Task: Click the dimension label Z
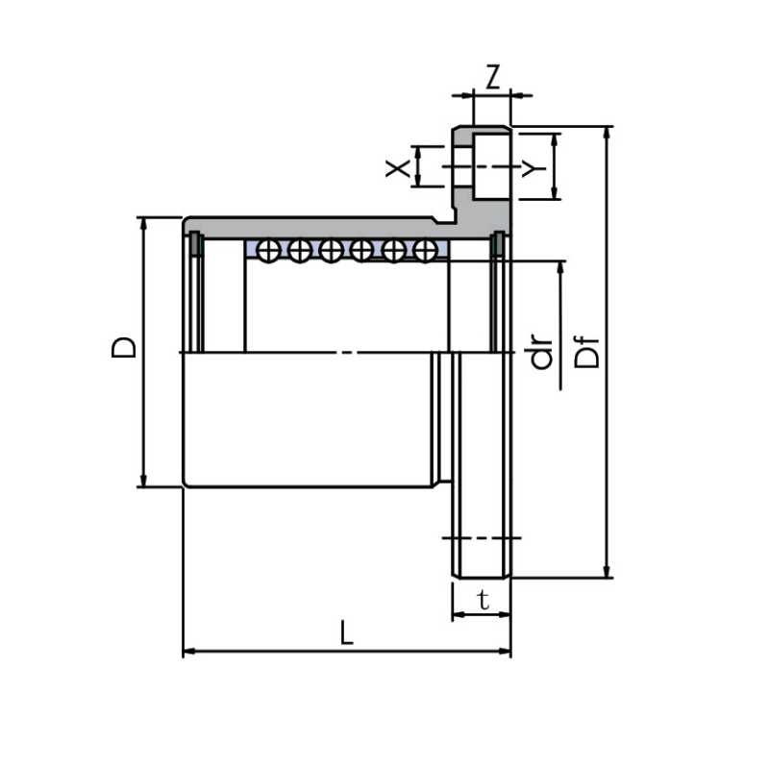[x=492, y=77]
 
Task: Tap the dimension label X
[x=396, y=170]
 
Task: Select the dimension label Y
[x=530, y=169]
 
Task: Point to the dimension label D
[x=124, y=348]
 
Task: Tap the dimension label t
[x=484, y=602]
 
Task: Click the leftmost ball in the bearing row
[x=269, y=251]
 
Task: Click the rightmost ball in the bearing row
[x=423, y=251]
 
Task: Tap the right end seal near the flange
[x=498, y=244]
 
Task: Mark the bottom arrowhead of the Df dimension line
[x=607, y=571]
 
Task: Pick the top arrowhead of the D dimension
[x=143, y=224]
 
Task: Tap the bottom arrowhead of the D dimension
[x=143, y=481]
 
